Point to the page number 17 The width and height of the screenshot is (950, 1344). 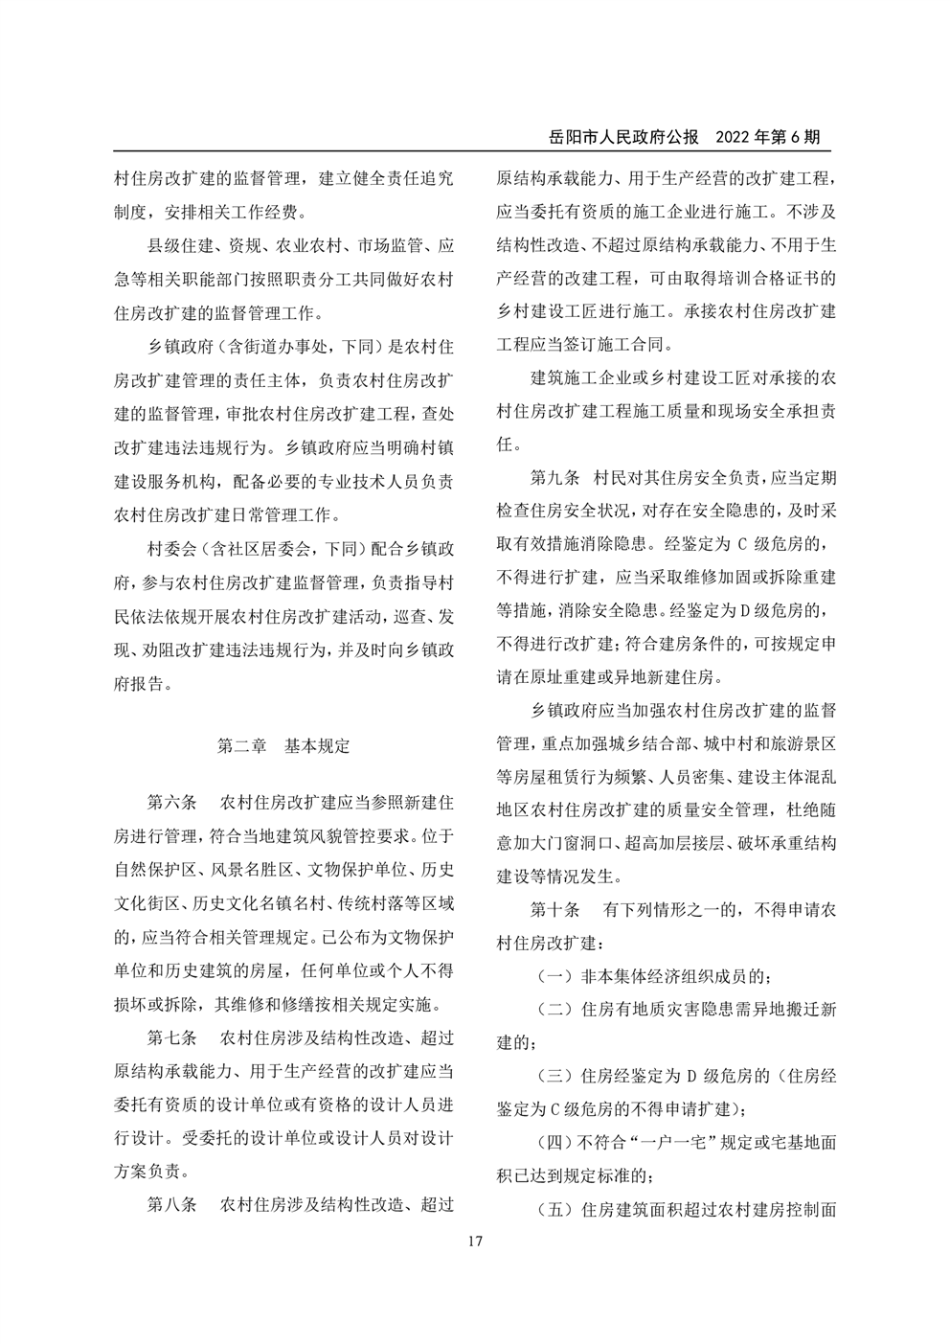475,1242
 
